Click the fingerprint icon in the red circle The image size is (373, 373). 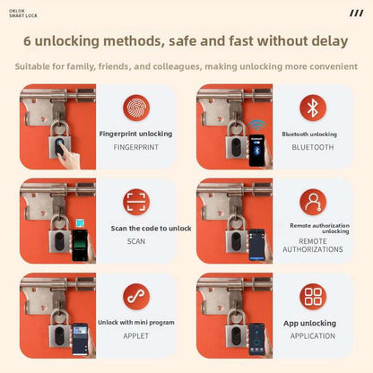[136, 108]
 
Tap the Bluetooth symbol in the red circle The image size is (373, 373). [313, 108]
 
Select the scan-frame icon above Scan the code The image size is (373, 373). [136, 202]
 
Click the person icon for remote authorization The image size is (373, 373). [313, 202]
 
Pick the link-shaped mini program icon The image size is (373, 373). [136, 297]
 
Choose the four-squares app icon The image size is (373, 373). [313, 297]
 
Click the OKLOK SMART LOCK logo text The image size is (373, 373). [23, 13]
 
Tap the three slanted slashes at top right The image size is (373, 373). [357, 13]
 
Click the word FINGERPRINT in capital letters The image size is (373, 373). [136, 147]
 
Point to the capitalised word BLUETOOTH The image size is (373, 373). [313, 147]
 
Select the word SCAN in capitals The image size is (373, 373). [136, 241]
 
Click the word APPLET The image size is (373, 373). [136, 336]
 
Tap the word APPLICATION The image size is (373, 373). [313, 336]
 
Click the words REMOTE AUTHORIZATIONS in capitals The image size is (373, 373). [313, 246]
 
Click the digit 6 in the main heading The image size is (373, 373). [27, 41]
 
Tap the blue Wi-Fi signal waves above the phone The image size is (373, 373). [257, 126]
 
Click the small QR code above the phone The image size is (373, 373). [80, 223]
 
